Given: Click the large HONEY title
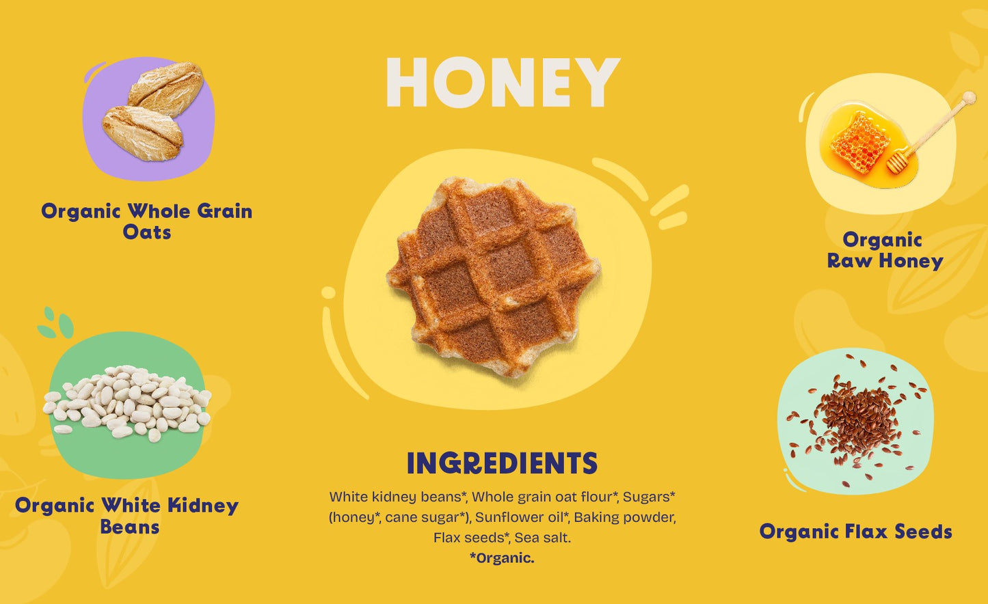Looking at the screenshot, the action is (x=503, y=82).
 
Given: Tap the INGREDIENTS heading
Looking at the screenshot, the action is (x=502, y=463).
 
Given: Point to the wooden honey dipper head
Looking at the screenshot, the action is (x=897, y=162).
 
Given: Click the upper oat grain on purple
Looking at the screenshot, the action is (x=166, y=89).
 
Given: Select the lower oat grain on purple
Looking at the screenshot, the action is (x=142, y=133).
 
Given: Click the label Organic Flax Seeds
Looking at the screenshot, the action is (x=855, y=532).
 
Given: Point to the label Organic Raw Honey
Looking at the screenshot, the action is (x=884, y=251).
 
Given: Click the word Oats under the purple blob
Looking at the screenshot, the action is (x=147, y=232).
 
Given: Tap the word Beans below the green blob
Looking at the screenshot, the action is (x=130, y=527).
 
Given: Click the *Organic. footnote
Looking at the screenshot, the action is (x=502, y=558).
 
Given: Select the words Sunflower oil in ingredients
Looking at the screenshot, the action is (x=521, y=517).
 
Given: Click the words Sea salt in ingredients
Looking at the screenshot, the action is (x=542, y=538).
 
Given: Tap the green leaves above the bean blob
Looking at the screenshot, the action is (x=55, y=323).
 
